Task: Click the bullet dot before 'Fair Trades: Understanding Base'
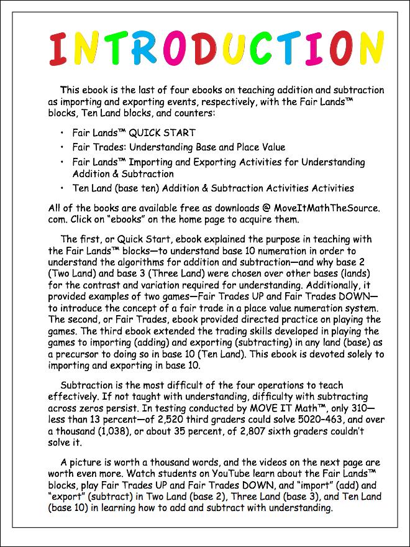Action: pos(63,147)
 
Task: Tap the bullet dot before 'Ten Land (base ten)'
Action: pos(63,188)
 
